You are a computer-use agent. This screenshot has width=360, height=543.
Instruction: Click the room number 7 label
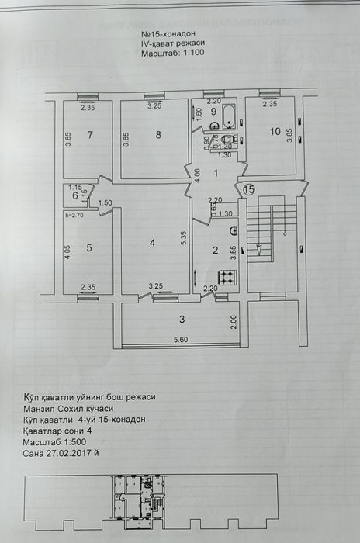[x=90, y=136]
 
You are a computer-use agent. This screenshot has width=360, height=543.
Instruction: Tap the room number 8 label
[x=158, y=136]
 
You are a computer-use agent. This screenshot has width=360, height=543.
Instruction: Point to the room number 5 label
[x=89, y=248]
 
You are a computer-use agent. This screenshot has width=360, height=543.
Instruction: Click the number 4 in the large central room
[x=152, y=244]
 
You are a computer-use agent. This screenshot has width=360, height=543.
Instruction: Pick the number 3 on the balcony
[x=181, y=320]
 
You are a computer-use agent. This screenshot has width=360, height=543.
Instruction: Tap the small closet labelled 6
[x=75, y=195]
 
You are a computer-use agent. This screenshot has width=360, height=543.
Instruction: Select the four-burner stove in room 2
[x=227, y=277]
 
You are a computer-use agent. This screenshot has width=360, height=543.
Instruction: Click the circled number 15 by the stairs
[x=248, y=188]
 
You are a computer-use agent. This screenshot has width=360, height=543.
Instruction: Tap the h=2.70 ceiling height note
[x=74, y=215]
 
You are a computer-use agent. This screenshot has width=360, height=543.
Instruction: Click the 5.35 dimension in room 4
[x=183, y=239]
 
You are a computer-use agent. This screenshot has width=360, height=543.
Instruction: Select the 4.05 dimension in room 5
[x=68, y=251]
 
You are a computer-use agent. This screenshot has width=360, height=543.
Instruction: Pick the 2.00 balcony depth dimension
[x=232, y=318]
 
